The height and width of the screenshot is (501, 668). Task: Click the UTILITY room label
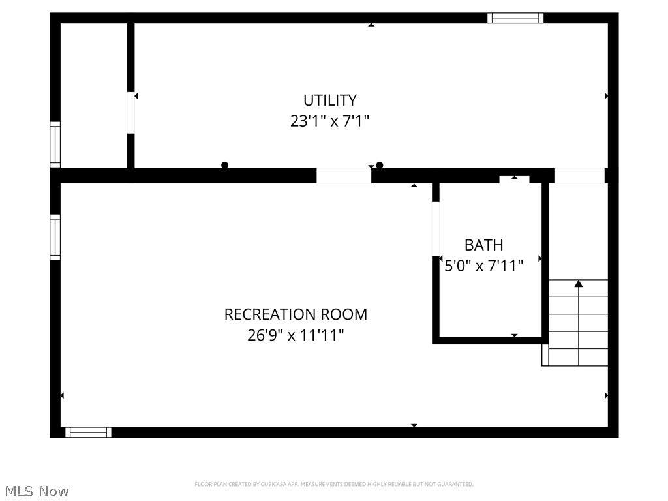coord(329,100)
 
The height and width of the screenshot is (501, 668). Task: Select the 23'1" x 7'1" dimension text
coord(329,121)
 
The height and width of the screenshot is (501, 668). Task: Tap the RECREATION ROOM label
coord(296,314)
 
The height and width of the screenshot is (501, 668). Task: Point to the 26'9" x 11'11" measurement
coord(296,335)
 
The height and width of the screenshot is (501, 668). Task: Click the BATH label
coord(483,245)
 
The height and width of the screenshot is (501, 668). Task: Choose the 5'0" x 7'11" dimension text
coord(483,266)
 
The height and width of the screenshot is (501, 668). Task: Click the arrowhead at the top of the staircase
coord(578,283)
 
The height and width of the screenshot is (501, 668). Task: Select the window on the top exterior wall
coord(515,18)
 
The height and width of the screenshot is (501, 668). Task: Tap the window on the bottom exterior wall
coord(88,432)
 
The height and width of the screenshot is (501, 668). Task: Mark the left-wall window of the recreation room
coord(55,237)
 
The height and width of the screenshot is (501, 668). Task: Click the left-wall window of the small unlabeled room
coord(55,144)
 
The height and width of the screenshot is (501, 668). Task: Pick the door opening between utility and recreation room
coord(344,175)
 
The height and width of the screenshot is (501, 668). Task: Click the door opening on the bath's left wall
coord(436,228)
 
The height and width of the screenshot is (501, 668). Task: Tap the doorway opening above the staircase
coord(579,175)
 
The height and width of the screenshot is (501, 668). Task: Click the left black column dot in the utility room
coord(224,166)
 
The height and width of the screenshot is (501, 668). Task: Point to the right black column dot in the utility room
coord(380,166)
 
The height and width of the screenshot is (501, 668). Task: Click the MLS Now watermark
coord(35,491)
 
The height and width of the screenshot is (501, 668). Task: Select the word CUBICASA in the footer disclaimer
coord(266,484)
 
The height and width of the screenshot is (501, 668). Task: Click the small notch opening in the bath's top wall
coord(515,179)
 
